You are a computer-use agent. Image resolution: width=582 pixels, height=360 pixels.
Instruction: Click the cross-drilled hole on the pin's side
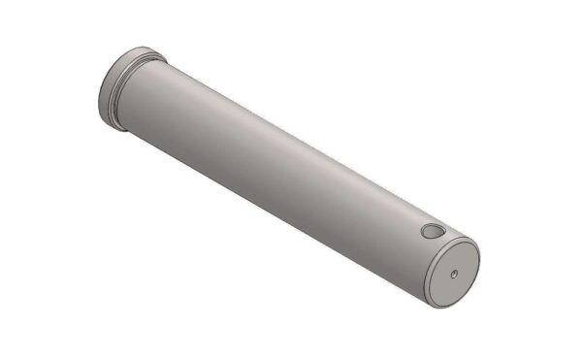[430, 233]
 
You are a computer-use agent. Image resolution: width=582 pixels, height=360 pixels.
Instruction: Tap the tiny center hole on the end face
[455, 275]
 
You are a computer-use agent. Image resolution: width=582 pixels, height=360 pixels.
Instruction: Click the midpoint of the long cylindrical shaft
[291, 175]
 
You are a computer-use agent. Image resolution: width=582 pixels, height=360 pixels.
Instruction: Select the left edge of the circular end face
[430, 277]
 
